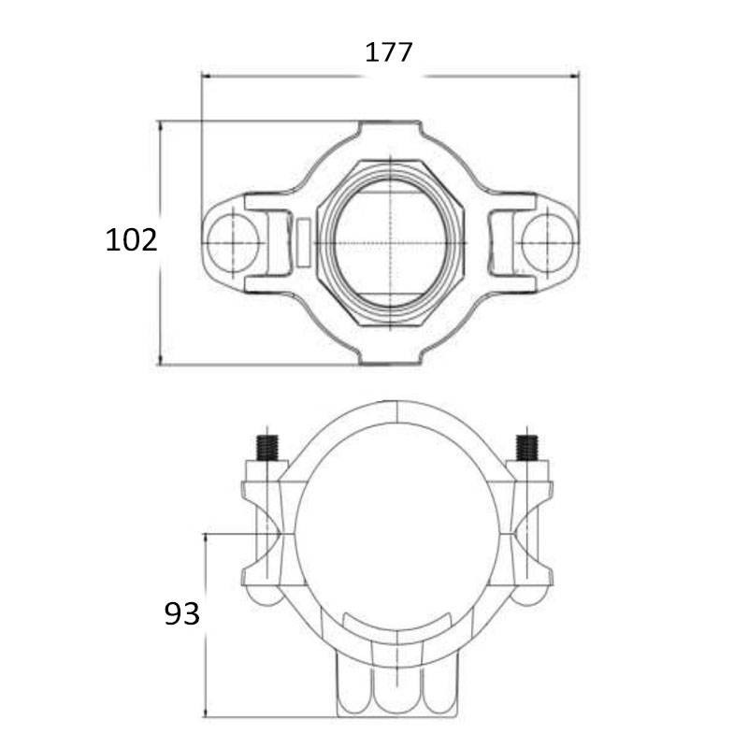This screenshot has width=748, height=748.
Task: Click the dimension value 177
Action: pyautogui.click(x=388, y=52)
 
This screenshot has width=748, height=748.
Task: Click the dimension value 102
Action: pyautogui.click(x=131, y=240)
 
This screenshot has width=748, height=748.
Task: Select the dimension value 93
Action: pyautogui.click(x=181, y=614)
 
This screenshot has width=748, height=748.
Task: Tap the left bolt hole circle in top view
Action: pyautogui.click(x=233, y=242)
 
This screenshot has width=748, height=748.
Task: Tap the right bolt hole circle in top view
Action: pyautogui.click(x=547, y=242)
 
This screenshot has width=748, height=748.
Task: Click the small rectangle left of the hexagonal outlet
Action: pyautogui.click(x=303, y=242)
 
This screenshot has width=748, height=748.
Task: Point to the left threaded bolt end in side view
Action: pyautogui.click(x=267, y=448)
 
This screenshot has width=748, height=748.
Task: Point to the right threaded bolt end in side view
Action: pyautogui.click(x=527, y=448)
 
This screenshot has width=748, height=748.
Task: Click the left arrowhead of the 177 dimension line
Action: pyautogui.click(x=206, y=76)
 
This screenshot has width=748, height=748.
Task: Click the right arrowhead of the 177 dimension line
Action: pyautogui.click(x=574, y=76)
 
